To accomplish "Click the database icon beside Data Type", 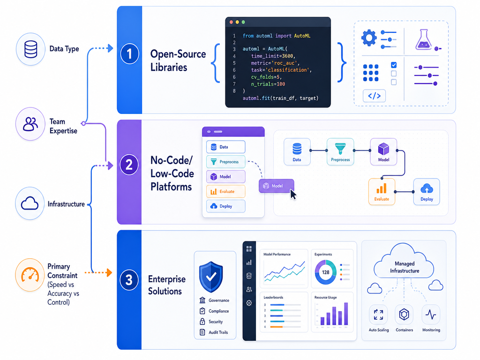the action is coord(30,49).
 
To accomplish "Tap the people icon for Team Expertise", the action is coord(30,124).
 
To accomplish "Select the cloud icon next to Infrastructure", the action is coord(30,203).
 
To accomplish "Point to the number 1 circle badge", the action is coord(129,54).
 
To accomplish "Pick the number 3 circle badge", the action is coord(129,280).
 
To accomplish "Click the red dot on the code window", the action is coord(232,22).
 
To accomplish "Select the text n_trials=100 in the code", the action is coord(268,84).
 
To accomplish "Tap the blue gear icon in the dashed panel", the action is coord(369,38).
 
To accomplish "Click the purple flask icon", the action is coord(423,39).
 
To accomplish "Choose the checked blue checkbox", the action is coord(394,65).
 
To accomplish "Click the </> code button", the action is coord(374,96).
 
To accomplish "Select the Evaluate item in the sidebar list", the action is coord(225,192).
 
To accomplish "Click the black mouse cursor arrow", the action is coord(293,195).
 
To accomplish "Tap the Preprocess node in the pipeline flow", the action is coord(340,151).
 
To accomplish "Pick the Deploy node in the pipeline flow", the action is coord(427,192).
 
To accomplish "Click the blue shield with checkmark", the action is coord(211,277).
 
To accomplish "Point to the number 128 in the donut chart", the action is coord(325,272).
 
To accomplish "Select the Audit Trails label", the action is coord(218,332).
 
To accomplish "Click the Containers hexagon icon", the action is coord(404,315).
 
